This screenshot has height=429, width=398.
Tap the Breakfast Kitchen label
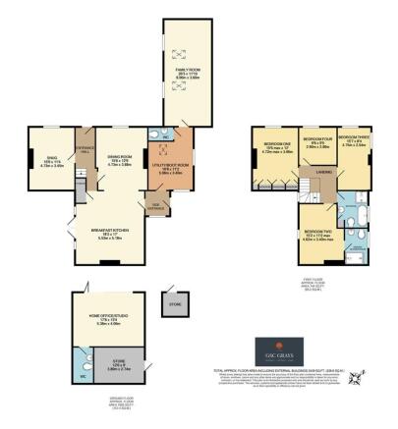tap(110, 234)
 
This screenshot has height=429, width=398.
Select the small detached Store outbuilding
tap(176, 304)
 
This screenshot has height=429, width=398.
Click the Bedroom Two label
tap(317, 235)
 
